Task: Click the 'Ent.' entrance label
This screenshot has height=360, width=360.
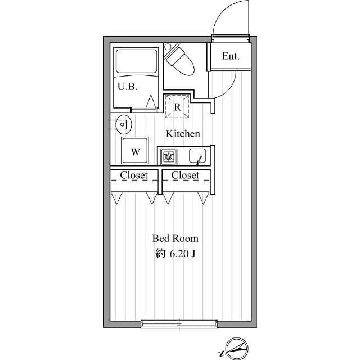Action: click(x=231, y=56)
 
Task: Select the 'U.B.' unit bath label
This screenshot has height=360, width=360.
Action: click(x=128, y=87)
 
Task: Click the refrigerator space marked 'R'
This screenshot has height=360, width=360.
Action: click(x=177, y=106)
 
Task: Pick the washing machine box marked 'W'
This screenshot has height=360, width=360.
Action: click(x=135, y=151)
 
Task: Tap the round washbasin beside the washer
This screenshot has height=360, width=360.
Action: click(x=124, y=125)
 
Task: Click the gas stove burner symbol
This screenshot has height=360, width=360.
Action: click(x=169, y=156)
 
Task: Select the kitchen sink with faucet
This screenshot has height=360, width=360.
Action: click(x=197, y=156)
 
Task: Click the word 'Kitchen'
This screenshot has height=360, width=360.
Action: click(x=183, y=134)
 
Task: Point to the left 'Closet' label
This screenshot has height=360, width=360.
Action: click(x=134, y=175)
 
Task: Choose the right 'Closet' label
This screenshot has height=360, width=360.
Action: click(x=185, y=175)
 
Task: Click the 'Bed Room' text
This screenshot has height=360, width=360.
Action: click(x=175, y=238)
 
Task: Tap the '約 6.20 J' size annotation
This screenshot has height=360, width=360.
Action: click(x=175, y=254)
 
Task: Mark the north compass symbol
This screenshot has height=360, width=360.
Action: click(x=236, y=348)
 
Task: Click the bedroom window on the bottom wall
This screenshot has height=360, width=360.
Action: click(x=179, y=324)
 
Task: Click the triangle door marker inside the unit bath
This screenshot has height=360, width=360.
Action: click(x=151, y=101)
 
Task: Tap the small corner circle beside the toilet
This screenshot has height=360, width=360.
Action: click(x=167, y=46)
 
